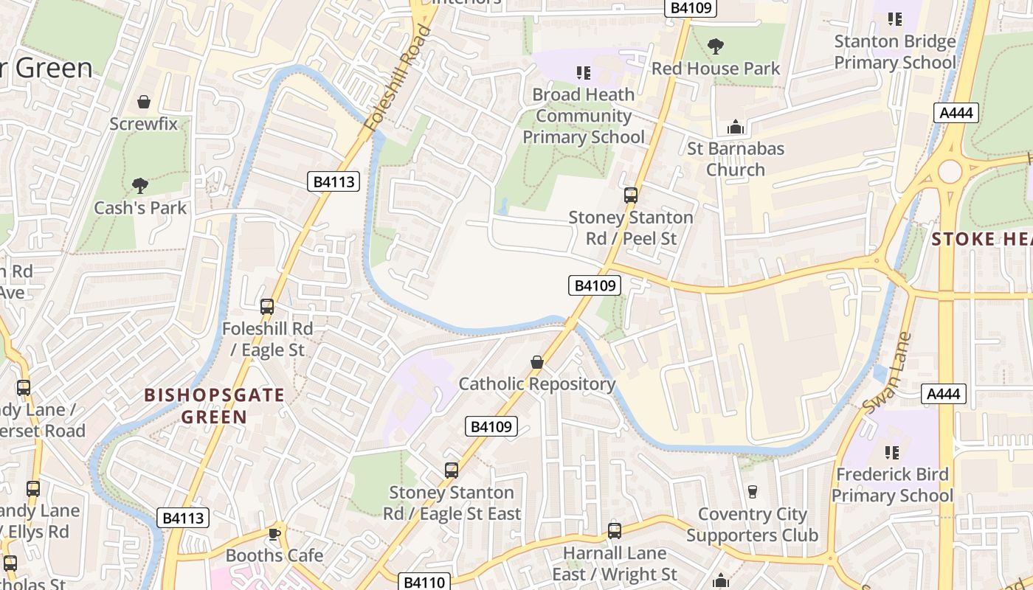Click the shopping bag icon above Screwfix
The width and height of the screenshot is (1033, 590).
click(x=144, y=102)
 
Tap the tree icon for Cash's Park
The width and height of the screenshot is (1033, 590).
click(x=139, y=185)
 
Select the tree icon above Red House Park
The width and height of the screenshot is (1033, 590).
click(x=715, y=46)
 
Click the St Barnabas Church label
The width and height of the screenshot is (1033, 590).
click(x=736, y=159)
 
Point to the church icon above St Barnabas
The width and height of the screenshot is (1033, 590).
click(x=735, y=127)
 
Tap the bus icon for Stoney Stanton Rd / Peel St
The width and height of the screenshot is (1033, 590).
click(x=631, y=195)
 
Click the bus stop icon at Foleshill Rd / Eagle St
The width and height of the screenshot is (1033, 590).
click(x=267, y=307)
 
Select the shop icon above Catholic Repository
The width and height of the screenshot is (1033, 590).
click(x=537, y=362)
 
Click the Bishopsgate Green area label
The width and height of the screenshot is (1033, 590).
click(x=215, y=406)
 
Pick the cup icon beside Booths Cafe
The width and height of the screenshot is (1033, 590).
click(x=274, y=534)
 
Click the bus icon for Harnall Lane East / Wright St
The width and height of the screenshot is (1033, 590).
click(x=615, y=530)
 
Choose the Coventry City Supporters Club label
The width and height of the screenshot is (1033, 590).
click(x=752, y=524)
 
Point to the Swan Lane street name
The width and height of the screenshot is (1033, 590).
click(x=888, y=373)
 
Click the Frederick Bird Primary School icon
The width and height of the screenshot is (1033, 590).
click(x=892, y=451)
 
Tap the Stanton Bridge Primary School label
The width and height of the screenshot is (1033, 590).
click(x=895, y=52)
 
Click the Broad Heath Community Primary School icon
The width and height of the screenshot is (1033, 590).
click(x=584, y=72)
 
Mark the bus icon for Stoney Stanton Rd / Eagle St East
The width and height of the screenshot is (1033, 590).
click(x=452, y=470)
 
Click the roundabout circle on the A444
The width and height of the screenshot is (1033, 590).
click(x=950, y=171)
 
